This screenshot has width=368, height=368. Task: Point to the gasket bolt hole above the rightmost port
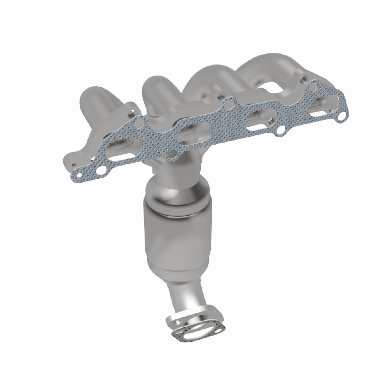pos(314,85)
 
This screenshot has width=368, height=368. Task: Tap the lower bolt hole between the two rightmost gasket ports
pos(281,131)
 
